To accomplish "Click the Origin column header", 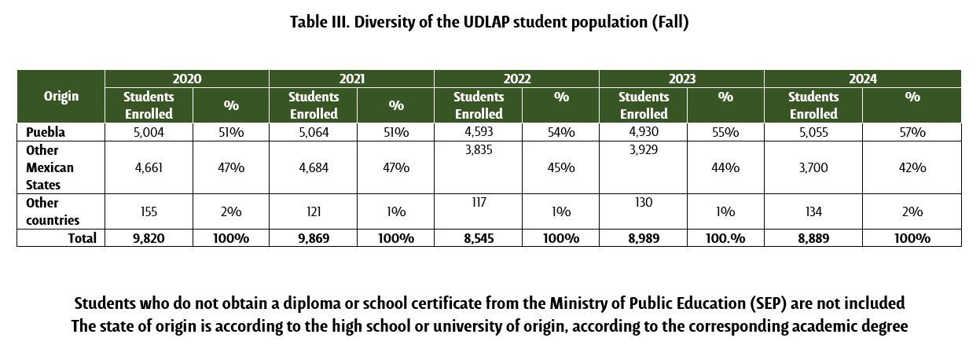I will [x=61, y=97].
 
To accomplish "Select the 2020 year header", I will [x=187, y=79].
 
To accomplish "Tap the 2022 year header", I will [x=516, y=79].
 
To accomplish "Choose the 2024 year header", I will [x=862, y=79].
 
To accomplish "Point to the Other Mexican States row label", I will [x=50, y=167].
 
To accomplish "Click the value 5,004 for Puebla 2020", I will [x=149, y=132].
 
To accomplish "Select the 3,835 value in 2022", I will [x=478, y=151].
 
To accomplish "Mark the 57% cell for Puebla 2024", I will [x=912, y=132].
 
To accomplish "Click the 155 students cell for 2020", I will [x=149, y=212].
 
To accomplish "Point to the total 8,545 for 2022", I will [x=478, y=238].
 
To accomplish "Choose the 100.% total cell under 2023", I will [x=725, y=238].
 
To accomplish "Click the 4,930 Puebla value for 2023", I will [x=643, y=132].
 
